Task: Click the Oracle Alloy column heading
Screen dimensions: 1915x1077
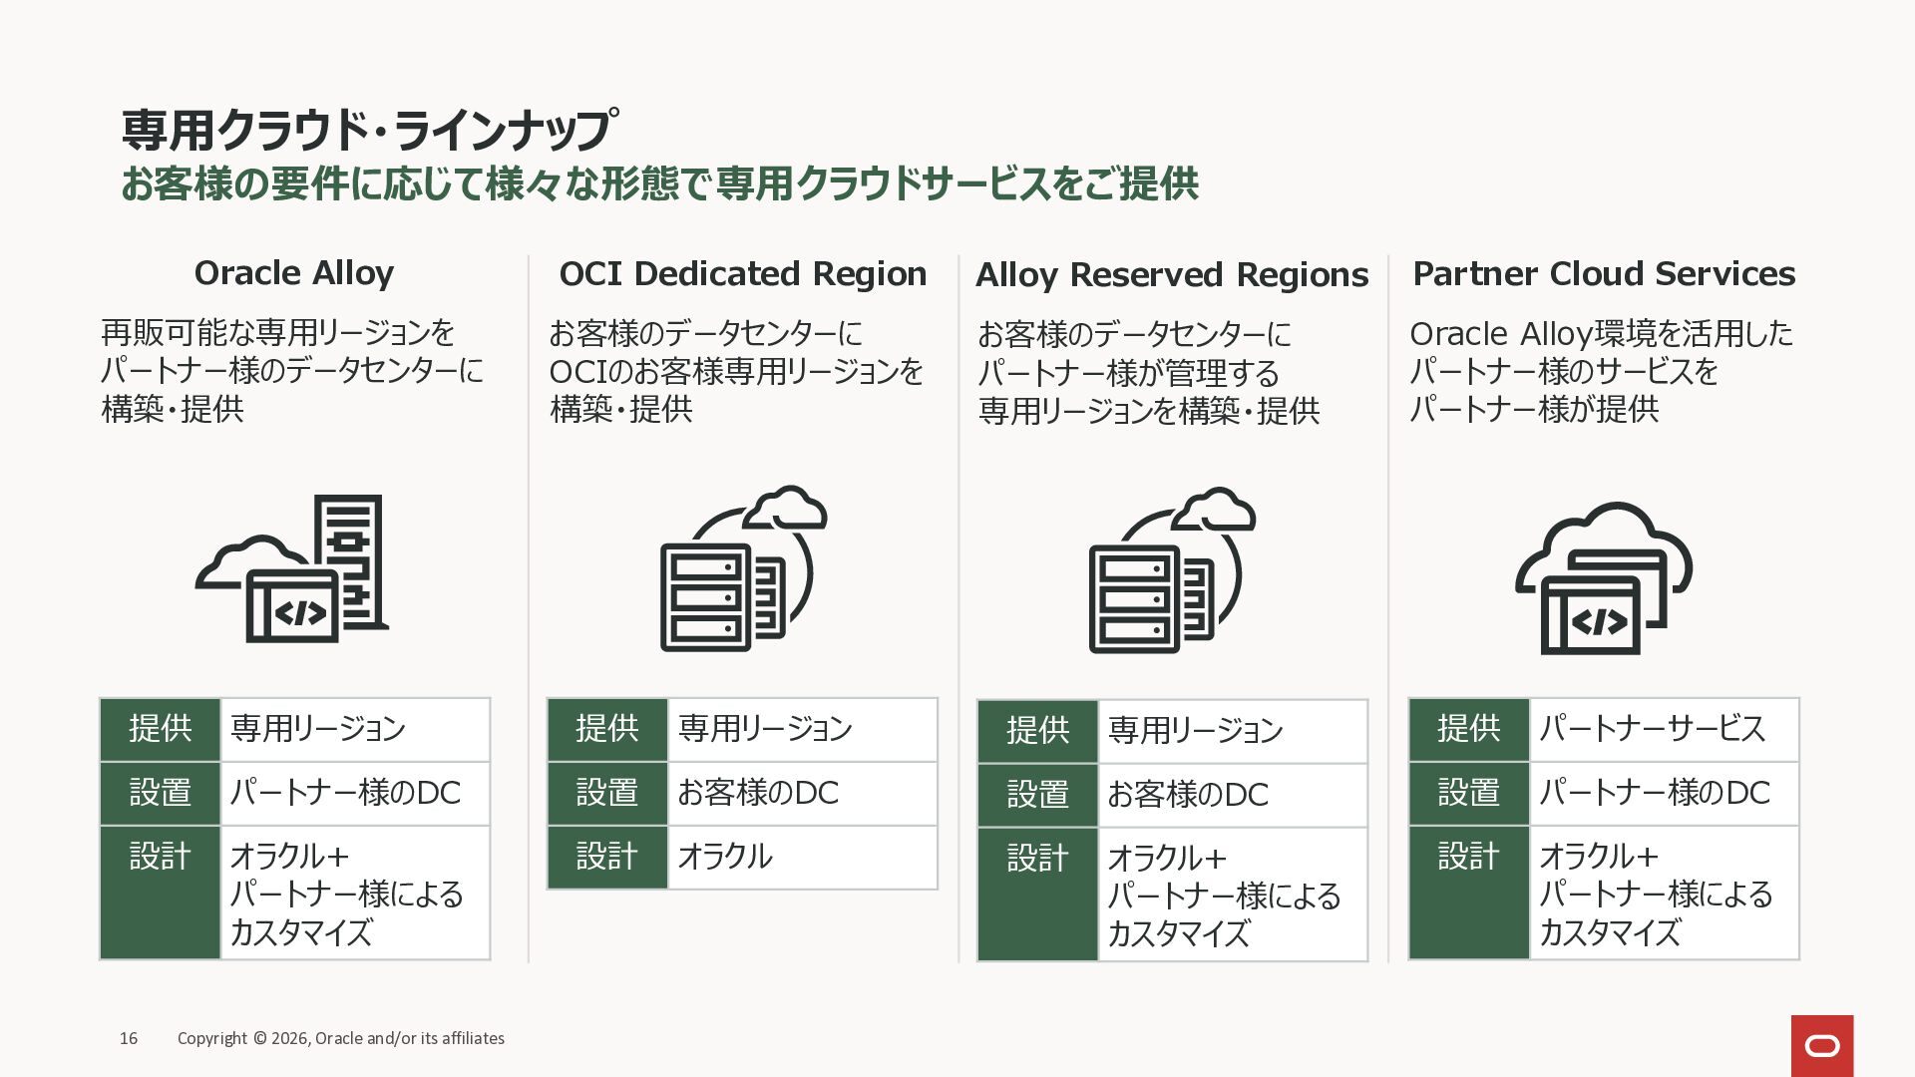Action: [293, 273]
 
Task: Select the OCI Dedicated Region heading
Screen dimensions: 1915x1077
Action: [743, 274]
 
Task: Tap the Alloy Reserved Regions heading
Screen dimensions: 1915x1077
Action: [1172, 275]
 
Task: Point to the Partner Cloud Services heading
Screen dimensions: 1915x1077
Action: [1604, 274]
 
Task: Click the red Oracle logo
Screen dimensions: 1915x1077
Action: [1821, 1045]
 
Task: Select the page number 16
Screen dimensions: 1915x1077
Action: [129, 1038]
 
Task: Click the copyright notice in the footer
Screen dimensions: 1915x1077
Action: [341, 1038]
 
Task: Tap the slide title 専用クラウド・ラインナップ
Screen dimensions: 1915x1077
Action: [370, 131]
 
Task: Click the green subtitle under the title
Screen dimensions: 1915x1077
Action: [659, 184]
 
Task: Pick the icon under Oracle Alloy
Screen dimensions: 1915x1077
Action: [292, 569]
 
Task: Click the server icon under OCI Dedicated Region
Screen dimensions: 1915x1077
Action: [743, 569]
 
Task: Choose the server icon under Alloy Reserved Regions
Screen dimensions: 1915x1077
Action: [1172, 570]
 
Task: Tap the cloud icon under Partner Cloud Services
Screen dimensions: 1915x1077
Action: [1604, 577]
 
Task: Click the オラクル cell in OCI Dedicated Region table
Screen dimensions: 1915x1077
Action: [725, 857]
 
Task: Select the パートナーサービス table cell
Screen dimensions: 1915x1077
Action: [1652, 729]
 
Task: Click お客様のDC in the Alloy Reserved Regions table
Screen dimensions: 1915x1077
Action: [1188, 795]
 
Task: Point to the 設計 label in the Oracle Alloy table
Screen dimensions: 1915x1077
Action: [160, 857]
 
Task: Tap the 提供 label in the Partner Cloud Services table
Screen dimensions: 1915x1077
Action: [1468, 729]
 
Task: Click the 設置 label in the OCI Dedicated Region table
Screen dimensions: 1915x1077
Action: [606, 793]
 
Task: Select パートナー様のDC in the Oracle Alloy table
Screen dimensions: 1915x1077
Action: [345, 793]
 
